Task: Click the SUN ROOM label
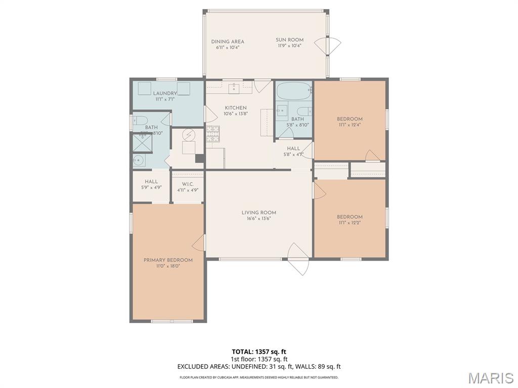pyautogui.click(x=289, y=40)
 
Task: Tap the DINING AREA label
pyautogui.click(x=228, y=41)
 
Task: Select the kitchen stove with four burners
pyautogui.click(x=212, y=133)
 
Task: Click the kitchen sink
pyautogui.click(x=234, y=89)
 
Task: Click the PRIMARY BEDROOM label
pyautogui.click(x=168, y=260)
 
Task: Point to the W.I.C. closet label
pyautogui.click(x=187, y=184)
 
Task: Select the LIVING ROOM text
pyautogui.click(x=258, y=213)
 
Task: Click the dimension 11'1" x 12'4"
pyautogui.click(x=350, y=125)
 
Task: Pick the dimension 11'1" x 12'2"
pyautogui.click(x=350, y=223)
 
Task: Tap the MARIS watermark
pyautogui.click(x=490, y=377)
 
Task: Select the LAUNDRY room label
pyautogui.click(x=165, y=93)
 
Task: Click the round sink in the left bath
pyautogui.click(x=139, y=161)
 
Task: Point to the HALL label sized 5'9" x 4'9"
pyautogui.click(x=151, y=182)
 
